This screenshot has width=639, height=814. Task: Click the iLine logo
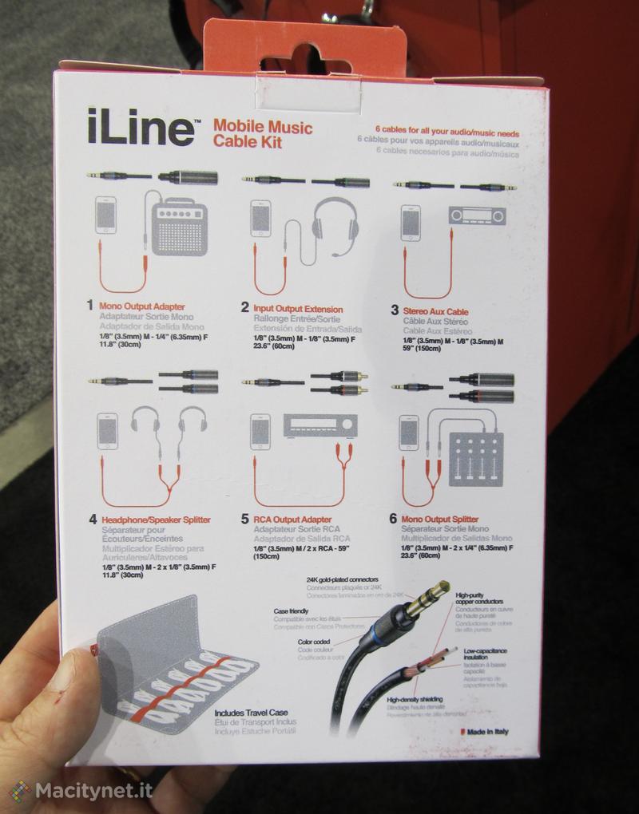pos(141,128)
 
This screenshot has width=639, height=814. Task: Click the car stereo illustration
pos(477,215)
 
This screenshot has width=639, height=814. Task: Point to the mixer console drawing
pos(476,460)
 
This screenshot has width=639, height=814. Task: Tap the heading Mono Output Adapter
pos(141,306)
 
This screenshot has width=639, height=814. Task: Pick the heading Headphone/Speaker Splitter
pos(156,520)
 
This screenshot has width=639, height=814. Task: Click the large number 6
pos(393,519)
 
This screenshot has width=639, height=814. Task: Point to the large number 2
pos(245,307)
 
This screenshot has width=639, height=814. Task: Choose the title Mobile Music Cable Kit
pos(262,133)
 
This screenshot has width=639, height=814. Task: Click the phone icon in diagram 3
pos(411,223)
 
